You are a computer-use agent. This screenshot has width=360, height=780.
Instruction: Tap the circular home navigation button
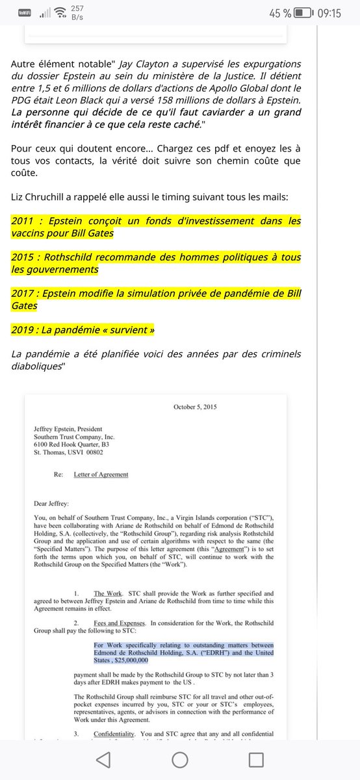(180, 759)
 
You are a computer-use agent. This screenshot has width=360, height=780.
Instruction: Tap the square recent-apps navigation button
(256, 759)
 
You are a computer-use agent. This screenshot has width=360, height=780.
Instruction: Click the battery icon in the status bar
(303, 12)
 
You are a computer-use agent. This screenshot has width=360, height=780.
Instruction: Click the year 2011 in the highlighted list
(23, 221)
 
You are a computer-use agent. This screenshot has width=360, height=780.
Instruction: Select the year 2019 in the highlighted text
(23, 330)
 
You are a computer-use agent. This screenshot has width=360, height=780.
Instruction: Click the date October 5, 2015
(195, 407)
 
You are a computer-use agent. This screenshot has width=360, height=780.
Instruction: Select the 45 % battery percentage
(277, 12)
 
